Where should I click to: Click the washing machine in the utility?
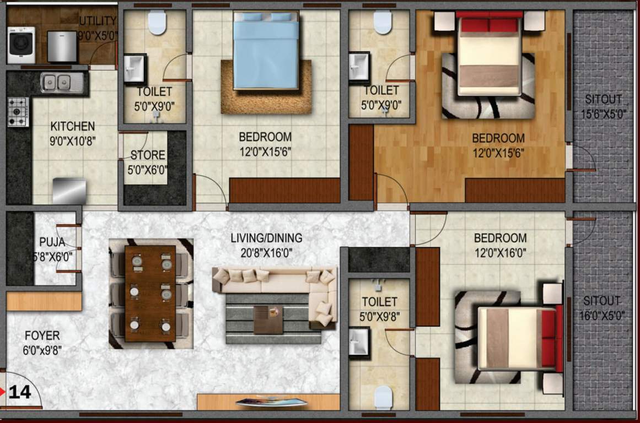pyautogui.click(x=21, y=45)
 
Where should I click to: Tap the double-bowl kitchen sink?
pyautogui.click(x=62, y=83)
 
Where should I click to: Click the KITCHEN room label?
pyautogui.click(x=72, y=127)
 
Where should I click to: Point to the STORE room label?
pyautogui.click(x=148, y=155)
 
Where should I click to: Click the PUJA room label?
pyautogui.click(x=52, y=242)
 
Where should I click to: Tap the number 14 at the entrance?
pyautogui.click(x=20, y=392)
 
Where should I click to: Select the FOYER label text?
pyautogui.click(x=42, y=335)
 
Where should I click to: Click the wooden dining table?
pyautogui.click(x=150, y=292)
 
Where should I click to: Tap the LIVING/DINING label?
pyautogui.click(x=266, y=238)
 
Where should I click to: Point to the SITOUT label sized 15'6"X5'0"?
pyautogui.click(x=603, y=100)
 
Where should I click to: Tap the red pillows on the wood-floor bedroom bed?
pyautogui.click(x=489, y=25)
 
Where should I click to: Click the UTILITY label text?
pyautogui.click(x=98, y=21)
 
